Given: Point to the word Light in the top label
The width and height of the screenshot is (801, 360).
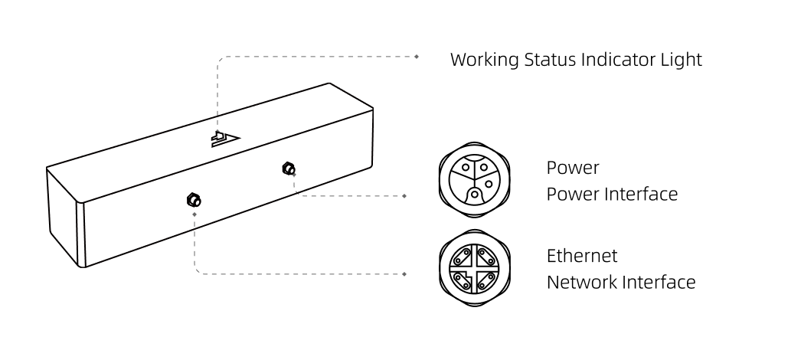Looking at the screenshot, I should click(x=682, y=60).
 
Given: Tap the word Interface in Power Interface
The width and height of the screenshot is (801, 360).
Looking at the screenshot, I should click(x=642, y=194).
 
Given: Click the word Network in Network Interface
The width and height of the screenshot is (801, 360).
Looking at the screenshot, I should click(x=581, y=282).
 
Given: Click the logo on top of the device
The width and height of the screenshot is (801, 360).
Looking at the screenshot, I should click(x=226, y=138).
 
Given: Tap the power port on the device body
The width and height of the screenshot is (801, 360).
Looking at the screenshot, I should click(x=289, y=168).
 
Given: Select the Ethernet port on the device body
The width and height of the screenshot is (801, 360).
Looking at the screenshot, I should click(x=194, y=201).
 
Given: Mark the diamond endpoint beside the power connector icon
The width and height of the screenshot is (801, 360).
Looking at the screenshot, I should click(x=405, y=196).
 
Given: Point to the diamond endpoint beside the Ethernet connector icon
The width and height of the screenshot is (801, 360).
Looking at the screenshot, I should click(x=405, y=273).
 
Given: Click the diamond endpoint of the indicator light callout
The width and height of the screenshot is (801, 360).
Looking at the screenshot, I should click(x=417, y=56).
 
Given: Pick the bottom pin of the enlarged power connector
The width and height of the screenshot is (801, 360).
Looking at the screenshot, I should click(x=476, y=195).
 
